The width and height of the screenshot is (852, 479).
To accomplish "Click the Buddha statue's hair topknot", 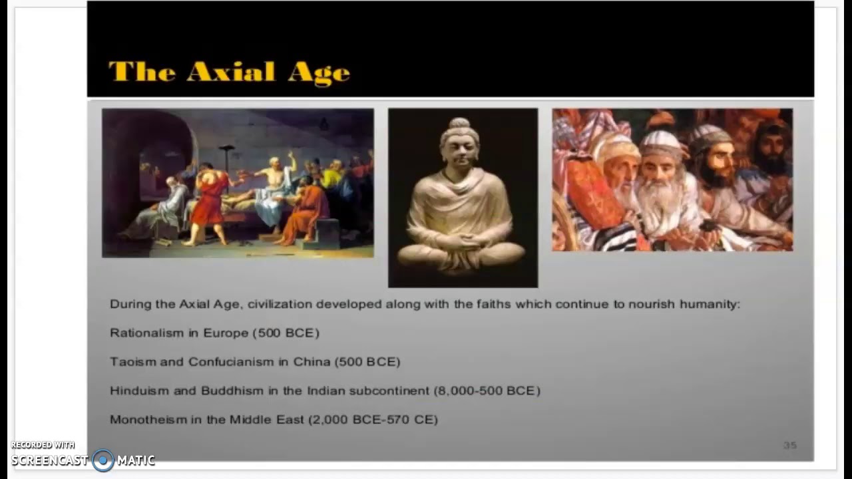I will pos(459,124).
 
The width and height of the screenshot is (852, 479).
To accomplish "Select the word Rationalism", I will pos(146,333).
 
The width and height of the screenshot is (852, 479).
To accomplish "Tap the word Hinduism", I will pos(139,391).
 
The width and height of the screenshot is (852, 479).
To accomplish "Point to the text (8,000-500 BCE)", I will pos(487,391).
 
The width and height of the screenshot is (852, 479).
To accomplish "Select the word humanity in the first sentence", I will pos(710,304).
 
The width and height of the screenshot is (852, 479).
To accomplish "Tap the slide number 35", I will pos(790,445).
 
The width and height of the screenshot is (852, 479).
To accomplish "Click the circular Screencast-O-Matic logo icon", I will pos(103,460).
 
